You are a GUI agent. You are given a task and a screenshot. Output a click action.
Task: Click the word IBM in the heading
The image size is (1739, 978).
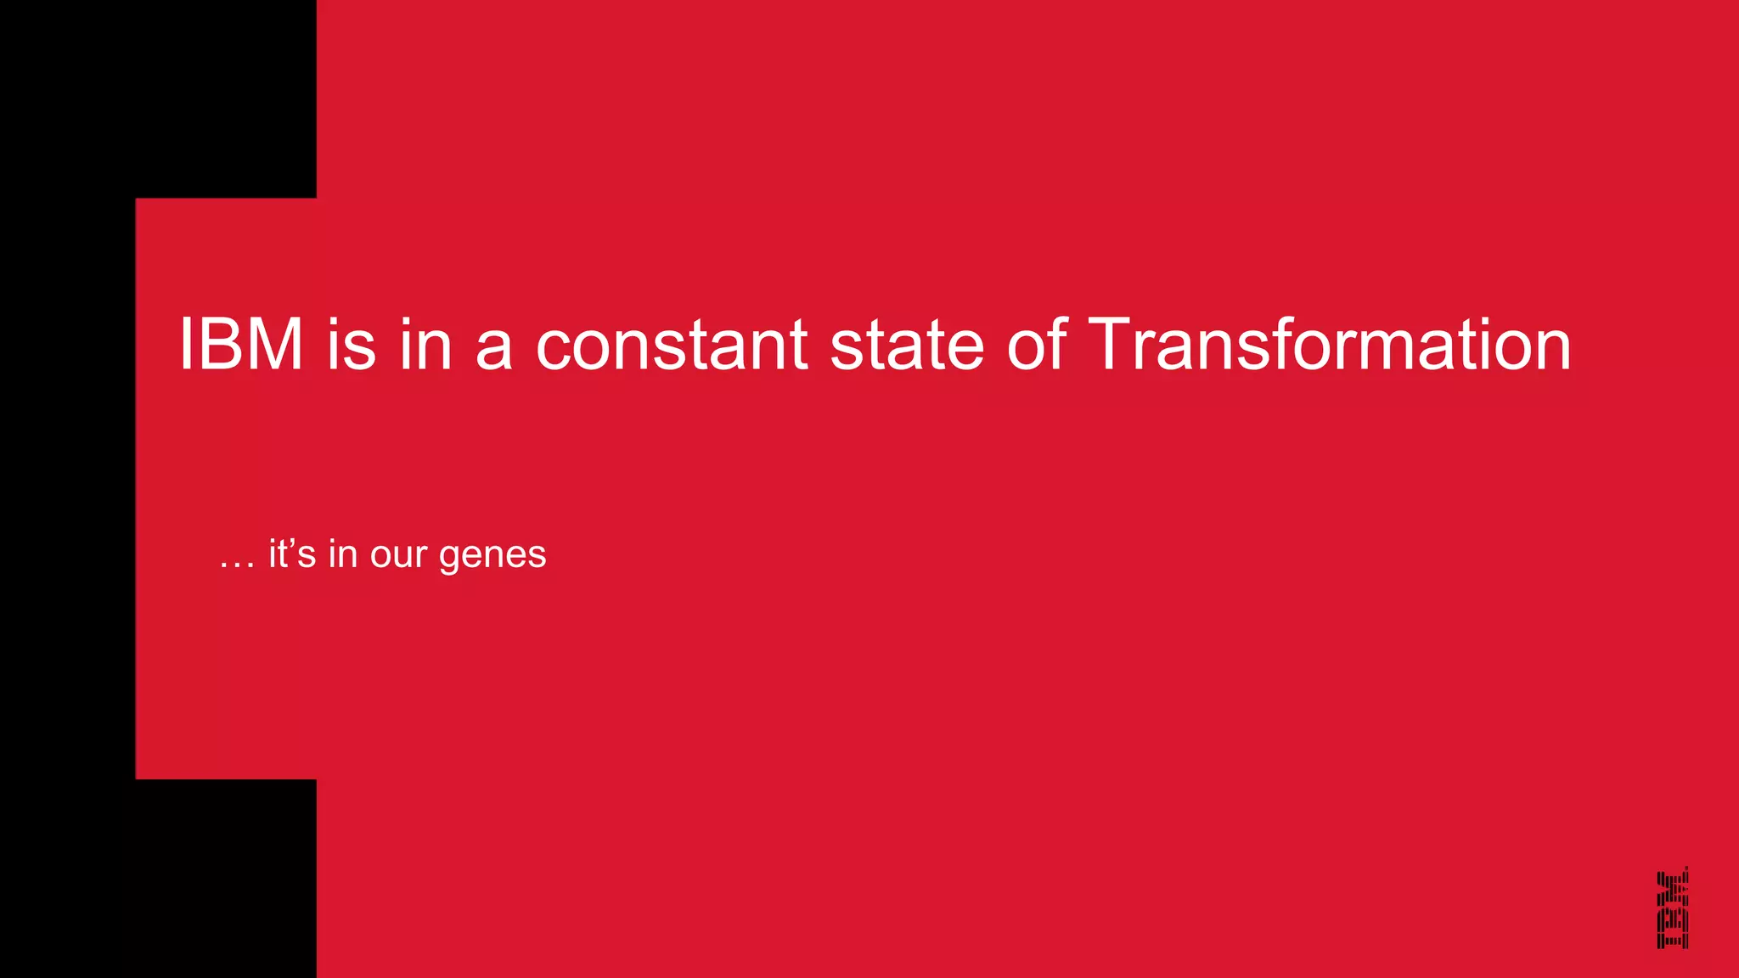click(x=241, y=345)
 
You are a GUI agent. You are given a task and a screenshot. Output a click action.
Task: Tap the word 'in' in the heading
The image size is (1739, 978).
click(x=425, y=345)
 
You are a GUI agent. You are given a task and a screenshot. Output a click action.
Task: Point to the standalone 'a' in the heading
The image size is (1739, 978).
click(x=494, y=348)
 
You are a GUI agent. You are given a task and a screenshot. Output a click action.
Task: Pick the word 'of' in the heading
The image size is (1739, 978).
click(x=1037, y=345)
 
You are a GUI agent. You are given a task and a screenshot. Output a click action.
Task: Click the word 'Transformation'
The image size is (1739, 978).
click(x=1329, y=345)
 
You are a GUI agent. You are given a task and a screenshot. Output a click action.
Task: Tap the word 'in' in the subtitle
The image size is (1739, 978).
click(x=343, y=554)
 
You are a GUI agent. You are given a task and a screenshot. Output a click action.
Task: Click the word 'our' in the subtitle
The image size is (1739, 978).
click(x=398, y=557)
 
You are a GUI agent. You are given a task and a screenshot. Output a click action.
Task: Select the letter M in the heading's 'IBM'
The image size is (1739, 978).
click(x=274, y=345)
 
